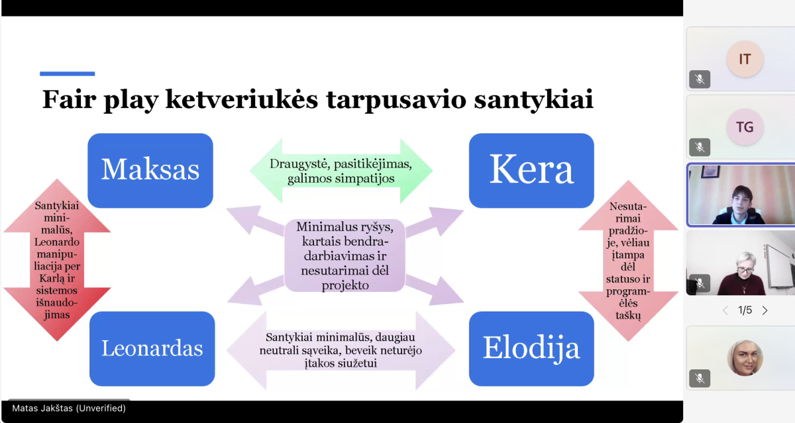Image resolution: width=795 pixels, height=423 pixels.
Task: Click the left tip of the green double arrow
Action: (x=250, y=171)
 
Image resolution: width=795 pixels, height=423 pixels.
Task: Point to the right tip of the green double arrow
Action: (x=433, y=171)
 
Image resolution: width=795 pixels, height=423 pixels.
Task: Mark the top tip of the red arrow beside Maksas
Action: (x=57, y=179)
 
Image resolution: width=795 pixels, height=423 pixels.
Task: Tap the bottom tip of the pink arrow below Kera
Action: (x=628, y=341)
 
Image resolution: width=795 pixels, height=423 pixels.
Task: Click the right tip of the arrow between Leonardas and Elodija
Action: (x=455, y=350)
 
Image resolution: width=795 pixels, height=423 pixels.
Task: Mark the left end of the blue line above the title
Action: (x=40, y=73)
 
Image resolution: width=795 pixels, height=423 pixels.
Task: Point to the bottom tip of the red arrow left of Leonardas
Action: (x=57, y=341)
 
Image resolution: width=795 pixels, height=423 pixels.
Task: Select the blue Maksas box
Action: (x=150, y=171)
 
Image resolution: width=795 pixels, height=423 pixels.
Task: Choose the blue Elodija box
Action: (x=531, y=349)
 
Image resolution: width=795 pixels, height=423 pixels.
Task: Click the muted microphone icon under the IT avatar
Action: (x=700, y=79)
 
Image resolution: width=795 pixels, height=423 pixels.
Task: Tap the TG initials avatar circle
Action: (x=745, y=127)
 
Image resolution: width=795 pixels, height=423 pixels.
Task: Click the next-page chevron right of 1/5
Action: (x=765, y=310)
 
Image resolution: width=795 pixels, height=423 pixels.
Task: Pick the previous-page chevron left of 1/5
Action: (x=725, y=310)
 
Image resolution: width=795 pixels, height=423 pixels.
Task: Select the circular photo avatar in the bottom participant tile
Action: (x=745, y=357)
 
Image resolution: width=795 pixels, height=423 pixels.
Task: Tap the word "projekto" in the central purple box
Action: (x=345, y=285)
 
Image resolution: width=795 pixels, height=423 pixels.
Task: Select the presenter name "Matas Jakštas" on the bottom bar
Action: (x=42, y=408)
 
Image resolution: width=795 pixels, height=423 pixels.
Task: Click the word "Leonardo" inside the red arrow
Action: (x=57, y=242)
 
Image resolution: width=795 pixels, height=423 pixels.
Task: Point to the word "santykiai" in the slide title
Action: (x=533, y=100)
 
